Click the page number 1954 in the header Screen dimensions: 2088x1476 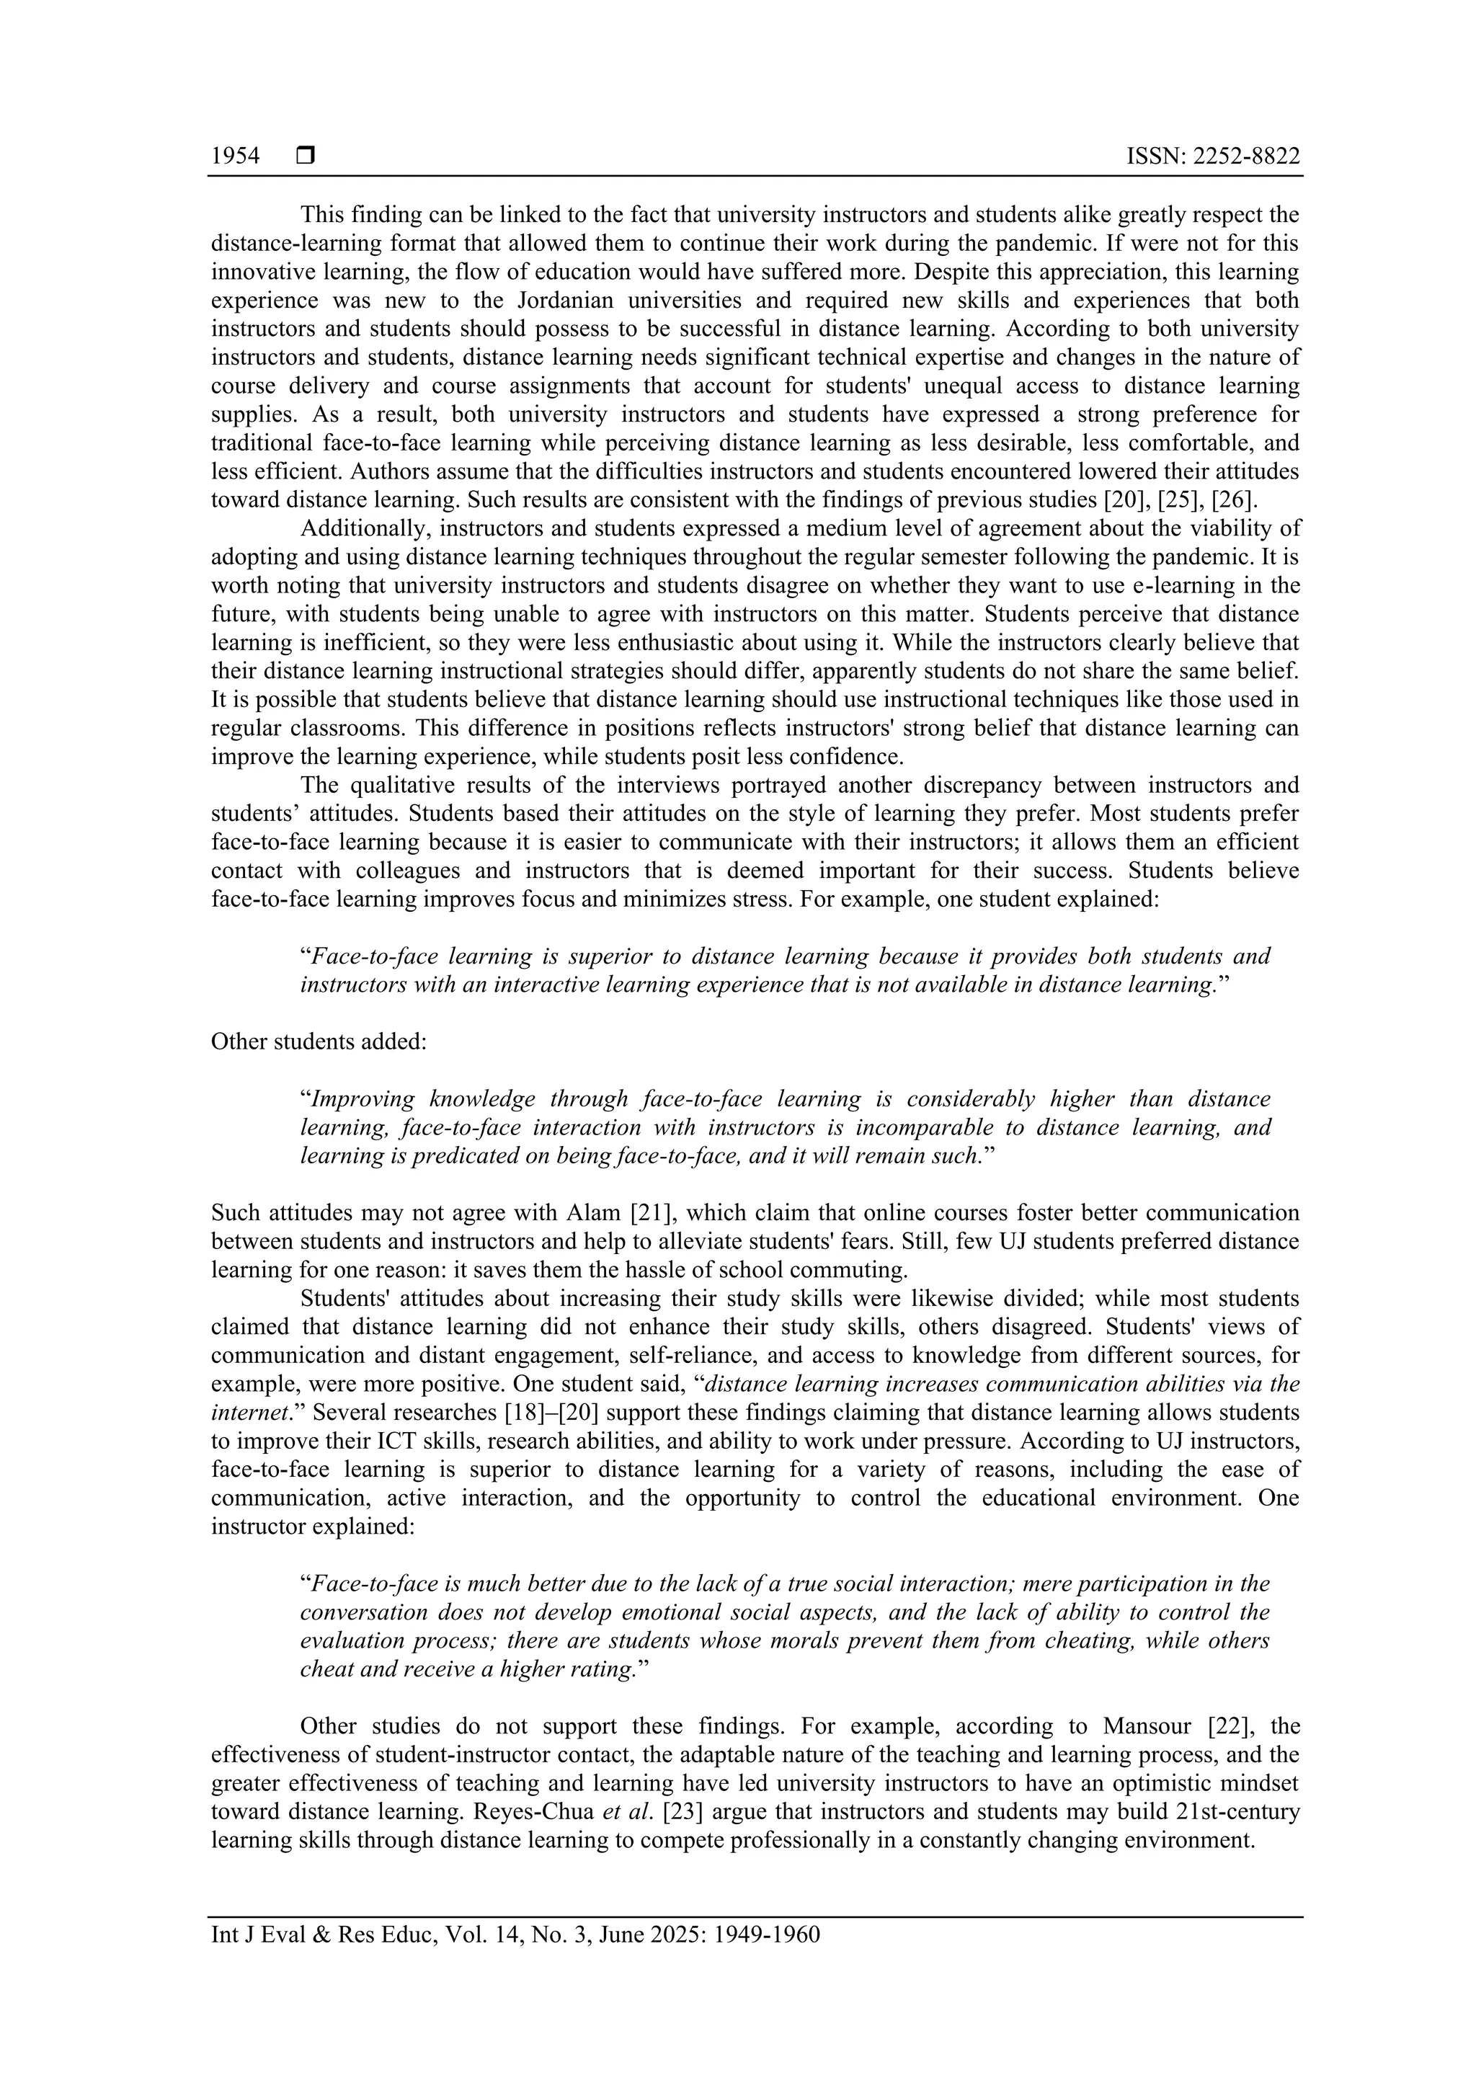[235, 156]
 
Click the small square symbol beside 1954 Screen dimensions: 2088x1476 [306, 156]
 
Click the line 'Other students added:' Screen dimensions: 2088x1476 [319, 1041]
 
